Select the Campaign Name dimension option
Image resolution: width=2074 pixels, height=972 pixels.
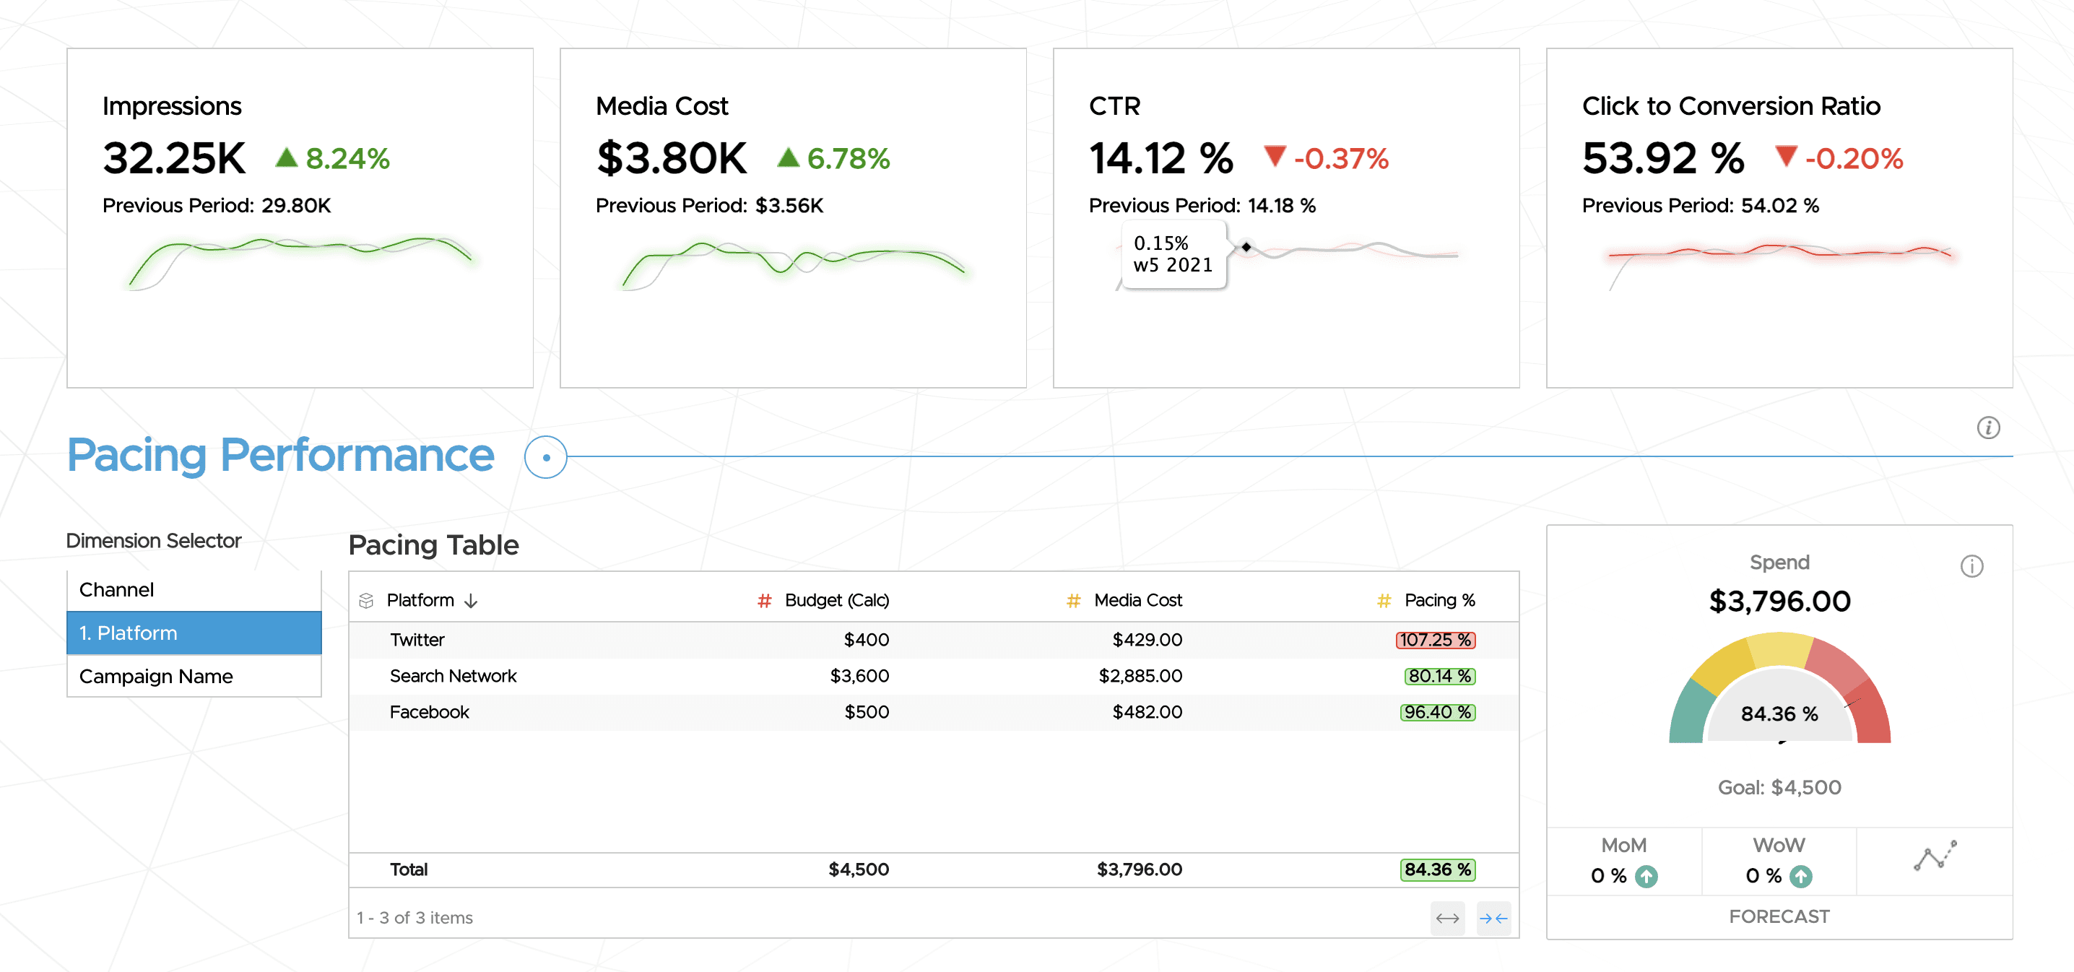(x=156, y=676)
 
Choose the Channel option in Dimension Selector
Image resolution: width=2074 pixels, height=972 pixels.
(x=117, y=589)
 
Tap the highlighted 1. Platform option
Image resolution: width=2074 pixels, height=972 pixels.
(x=194, y=633)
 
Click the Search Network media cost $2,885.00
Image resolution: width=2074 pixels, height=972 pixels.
(x=1140, y=676)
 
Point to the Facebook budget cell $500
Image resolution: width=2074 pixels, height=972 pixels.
(x=867, y=712)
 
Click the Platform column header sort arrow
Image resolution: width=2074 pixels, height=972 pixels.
(x=472, y=601)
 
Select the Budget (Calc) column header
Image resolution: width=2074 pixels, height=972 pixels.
(x=836, y=600)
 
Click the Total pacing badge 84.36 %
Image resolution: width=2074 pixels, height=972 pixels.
(x=1437, y=869)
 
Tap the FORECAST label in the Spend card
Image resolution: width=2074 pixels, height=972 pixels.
(x=1779, y=916)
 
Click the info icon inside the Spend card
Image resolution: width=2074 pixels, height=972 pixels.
(x=1971, y=566)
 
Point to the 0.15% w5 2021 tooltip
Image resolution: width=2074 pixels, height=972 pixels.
(x=1172, y=254)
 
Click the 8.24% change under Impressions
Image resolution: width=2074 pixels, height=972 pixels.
(x=347, y=159)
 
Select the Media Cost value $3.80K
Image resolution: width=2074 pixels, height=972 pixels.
(x=672, y=158)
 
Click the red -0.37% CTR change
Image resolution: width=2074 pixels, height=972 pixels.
(x=1340, y=159)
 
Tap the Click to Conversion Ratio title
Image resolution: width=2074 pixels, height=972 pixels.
(x=1730, y=106)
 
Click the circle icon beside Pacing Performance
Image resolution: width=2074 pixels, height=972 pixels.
(x=546, y=457)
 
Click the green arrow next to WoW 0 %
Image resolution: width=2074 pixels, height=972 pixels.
(x=1800, y=876)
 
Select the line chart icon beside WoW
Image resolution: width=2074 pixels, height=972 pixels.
(x=1935, y=856)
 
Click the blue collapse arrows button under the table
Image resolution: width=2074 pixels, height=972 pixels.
(x=1493, y=918)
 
